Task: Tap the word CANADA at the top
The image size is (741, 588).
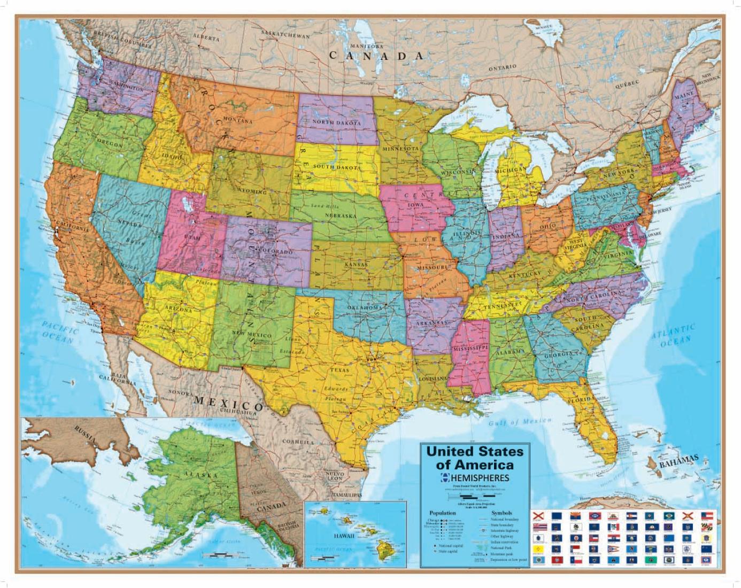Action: pyautogui.click(x=376, y=56)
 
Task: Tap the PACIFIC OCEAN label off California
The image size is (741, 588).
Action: pyautogui.click(x=58, y=332)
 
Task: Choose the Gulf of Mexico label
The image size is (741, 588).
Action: pyautogui.click(x=519, y=422)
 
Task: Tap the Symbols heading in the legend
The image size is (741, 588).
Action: pyautogui.click(x=501, y=513)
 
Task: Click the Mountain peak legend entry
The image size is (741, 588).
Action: pyautogui.click(x=502, y=554)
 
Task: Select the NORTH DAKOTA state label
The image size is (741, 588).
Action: pyautogui.click(x=337, y=122)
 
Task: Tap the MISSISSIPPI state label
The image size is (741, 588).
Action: pyautogui.click(x=471, y=349)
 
